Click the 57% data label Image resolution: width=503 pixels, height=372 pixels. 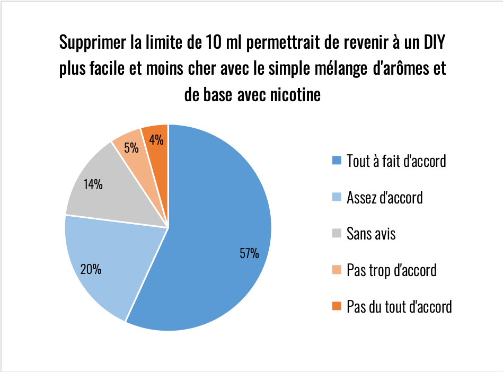pyautogui.click(x=249, y=253)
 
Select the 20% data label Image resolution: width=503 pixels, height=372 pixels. pyautogui.click(x=91, y=269)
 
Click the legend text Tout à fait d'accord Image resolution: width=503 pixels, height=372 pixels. pyautogui.click(x=396, y=161)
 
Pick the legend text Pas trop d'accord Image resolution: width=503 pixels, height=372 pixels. pyautogui.click(x=391, y=270)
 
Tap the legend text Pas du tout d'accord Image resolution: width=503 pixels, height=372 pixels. pyautogui.click(x=399, y=306)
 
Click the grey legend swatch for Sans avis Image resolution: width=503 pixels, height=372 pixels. pyautogui.click(x=336, y=233)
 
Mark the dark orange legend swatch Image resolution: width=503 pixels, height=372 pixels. pyautogui.click(x=336, y=306)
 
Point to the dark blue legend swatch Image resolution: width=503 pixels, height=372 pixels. pyautogui.click(x=336, y=161)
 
